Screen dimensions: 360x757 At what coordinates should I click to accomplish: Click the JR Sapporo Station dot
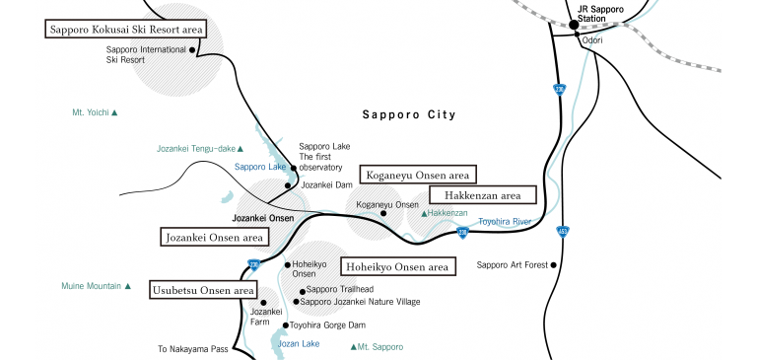(x=573, y=24)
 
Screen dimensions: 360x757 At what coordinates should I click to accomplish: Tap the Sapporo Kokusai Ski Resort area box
(x=125, y=30)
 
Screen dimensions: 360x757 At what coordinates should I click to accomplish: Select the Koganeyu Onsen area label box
(x=417, y=175)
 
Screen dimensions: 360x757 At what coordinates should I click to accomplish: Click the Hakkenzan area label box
(x=482, y=195)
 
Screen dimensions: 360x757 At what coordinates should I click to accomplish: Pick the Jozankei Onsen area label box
(x=214, y=237)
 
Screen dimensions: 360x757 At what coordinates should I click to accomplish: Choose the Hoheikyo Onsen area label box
(x=397, y=266)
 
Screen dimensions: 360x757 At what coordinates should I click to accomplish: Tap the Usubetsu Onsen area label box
(x=203, y=290)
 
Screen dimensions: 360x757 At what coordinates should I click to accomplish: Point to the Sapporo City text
(x=409, y=114)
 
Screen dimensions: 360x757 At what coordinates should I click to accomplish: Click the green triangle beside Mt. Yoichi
(x=114, y=113)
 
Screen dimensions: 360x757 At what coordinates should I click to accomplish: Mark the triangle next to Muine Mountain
(x=127, y=286)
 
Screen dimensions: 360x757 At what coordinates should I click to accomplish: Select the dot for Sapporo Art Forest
(x=555, y=264)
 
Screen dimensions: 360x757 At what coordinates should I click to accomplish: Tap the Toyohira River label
(x=505, y=222)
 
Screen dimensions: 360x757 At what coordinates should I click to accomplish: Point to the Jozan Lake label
(x=299, y=343)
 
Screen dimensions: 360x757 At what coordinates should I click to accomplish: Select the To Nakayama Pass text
(x=193, y=349)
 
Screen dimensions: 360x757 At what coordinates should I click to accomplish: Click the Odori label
(x=592, y=40)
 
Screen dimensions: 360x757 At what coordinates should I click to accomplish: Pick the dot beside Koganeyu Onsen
(x=383, y=212)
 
